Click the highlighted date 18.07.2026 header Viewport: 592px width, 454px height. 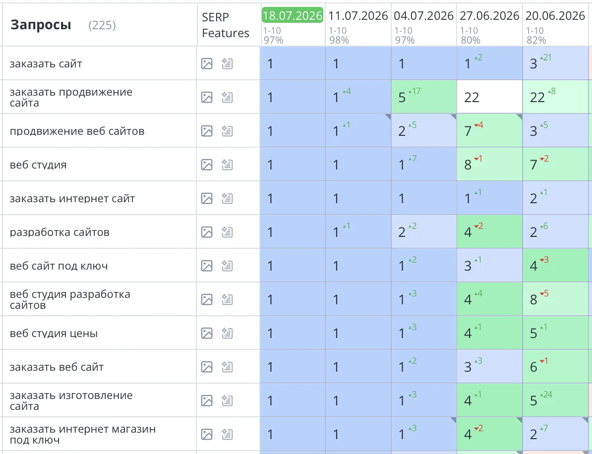[293, 15]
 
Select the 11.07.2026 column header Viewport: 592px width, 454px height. [358, 15]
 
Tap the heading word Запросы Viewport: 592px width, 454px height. [41, 25]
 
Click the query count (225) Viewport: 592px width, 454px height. [102, 25]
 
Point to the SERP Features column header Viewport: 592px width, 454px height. [226, 25]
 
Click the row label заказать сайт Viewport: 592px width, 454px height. [46, 64]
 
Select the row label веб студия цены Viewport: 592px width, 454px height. [54, 333]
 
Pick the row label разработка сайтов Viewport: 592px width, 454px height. [59, 232]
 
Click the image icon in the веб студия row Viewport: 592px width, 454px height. [207, 165]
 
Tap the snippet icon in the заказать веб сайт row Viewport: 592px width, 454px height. [227, 367]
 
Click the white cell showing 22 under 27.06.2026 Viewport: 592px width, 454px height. [490, 97]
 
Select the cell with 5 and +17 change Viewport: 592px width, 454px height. [424, 97]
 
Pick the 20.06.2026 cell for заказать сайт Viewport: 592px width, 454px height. [555, 63]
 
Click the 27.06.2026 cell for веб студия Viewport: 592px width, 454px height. [490, 164]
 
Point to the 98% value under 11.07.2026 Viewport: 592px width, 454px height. [339, 40]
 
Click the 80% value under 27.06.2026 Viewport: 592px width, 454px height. [471, 40]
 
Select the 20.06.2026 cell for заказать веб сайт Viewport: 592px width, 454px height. [555, 366]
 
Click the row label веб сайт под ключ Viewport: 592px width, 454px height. [59, 266]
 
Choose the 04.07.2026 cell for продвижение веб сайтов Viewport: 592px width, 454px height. [424, 130]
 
